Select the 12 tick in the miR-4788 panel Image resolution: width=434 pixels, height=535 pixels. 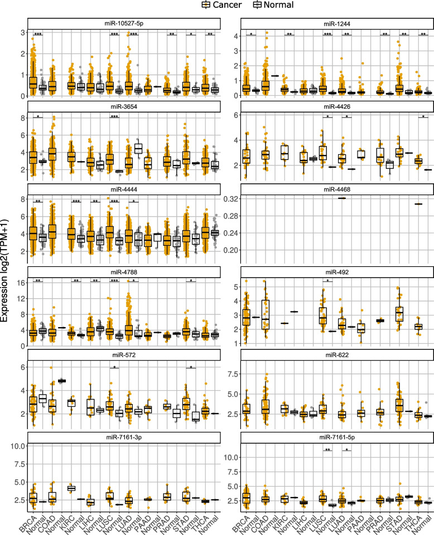click(x=20, y=298)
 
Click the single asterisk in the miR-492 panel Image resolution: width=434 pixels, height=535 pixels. click(x=328, y=281)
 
